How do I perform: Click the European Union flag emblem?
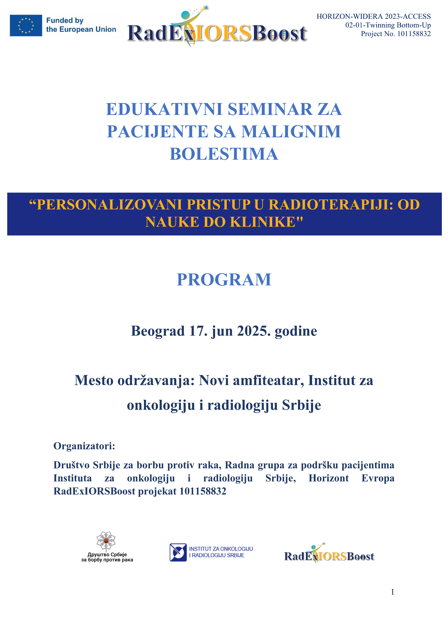pos(26,25)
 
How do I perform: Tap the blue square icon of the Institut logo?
pos(178,552)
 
